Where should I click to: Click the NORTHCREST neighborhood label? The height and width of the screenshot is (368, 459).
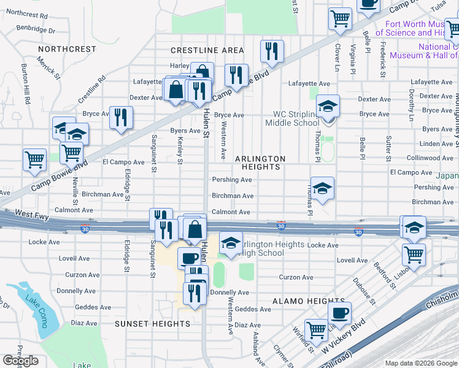[67, 48]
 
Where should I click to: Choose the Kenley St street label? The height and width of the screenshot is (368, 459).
[180, 151]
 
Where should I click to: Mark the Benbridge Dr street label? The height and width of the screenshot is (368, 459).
[36, 29]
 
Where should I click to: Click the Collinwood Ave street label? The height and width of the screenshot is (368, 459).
[433, 158]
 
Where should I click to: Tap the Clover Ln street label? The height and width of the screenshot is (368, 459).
[337, 56]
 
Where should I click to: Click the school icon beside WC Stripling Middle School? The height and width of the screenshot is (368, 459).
[328, 106]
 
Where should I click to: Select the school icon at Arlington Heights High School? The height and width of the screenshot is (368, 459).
[231, 243]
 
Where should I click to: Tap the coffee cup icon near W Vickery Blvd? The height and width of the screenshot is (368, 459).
[339, 312]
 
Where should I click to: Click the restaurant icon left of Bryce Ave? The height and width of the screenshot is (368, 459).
[121, 116]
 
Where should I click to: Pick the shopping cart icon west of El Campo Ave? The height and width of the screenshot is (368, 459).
[34, 159]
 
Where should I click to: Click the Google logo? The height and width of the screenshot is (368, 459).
[20, 361]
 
